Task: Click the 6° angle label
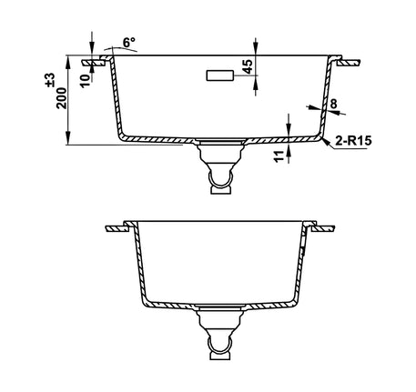tap(129, 42)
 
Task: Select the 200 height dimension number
tap(61, 98)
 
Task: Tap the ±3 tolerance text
tap(50, 80)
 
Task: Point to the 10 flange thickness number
tap(86, 80)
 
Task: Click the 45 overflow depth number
tap(248, 66)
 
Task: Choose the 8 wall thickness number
tap(333, 104)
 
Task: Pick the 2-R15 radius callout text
tap(353, 141)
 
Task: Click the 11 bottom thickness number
tap(279, 156)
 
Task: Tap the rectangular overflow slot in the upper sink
tap(220, 75)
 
